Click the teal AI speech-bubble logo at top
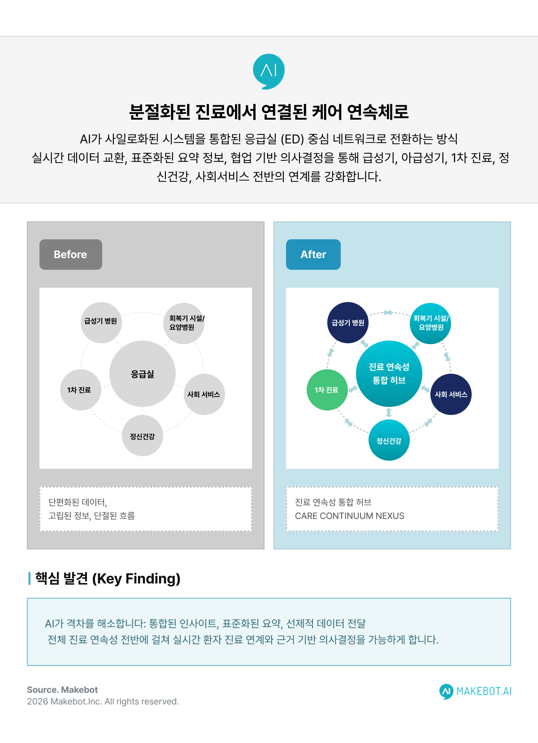click(269, 71)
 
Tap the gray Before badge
click(71, 255)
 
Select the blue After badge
click(313, 255)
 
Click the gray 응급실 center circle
click(143, 374)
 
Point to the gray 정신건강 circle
click(143, 436)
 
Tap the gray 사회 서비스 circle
click(204, 394)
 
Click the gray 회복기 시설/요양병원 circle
click(184, 323)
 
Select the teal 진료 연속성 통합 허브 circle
click(389, 374)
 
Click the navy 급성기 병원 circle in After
click(348, 323)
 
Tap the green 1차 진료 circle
click(327, 390)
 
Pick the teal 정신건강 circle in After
click(389, 441)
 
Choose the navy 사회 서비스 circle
click(451, 394)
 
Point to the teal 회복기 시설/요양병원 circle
click(430, 323)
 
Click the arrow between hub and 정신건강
click(389, 413)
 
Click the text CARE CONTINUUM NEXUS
click(350, 516)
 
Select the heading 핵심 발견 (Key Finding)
click(108, 579)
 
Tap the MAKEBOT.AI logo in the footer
click(476, 691)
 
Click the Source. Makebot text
click(62, 690)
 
